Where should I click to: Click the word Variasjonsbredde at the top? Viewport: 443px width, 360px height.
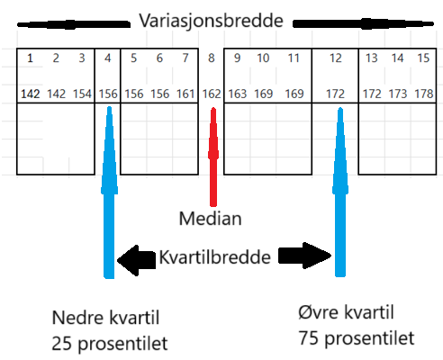pos(212,22)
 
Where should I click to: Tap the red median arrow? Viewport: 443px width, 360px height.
pos(213,157)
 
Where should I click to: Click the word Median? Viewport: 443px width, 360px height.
pos(210,219)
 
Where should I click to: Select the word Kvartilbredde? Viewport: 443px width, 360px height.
pos(215,257)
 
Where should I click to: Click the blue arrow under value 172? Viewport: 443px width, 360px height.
pos(340,192)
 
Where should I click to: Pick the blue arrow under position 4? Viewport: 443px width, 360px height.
pos(109,192)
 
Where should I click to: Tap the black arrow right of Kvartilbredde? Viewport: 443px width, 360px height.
pos(305,256)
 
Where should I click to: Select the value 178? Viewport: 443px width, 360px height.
pos(424,94)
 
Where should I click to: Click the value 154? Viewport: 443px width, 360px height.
pos(82,94)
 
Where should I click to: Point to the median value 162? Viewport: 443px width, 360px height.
pos(212,94)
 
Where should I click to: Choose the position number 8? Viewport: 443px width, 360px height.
pos(212,58)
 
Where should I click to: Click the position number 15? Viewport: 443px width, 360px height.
pos(423,58)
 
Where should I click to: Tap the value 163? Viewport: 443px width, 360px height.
pos(238,94)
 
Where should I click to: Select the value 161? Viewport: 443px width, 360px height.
pos(185,94)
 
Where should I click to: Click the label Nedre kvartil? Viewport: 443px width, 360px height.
pos(105,318)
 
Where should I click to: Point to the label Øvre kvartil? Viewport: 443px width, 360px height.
pos(346,312)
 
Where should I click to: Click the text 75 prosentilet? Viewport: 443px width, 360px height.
pos(357,338)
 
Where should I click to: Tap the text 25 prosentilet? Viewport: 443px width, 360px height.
pos(110,344)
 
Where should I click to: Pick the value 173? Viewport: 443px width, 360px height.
pos(398,94)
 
